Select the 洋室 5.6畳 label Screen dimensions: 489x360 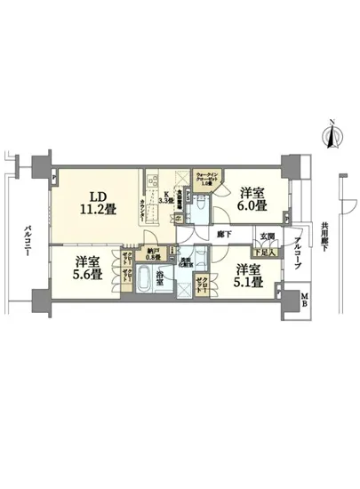87,267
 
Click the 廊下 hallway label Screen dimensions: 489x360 225,234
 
